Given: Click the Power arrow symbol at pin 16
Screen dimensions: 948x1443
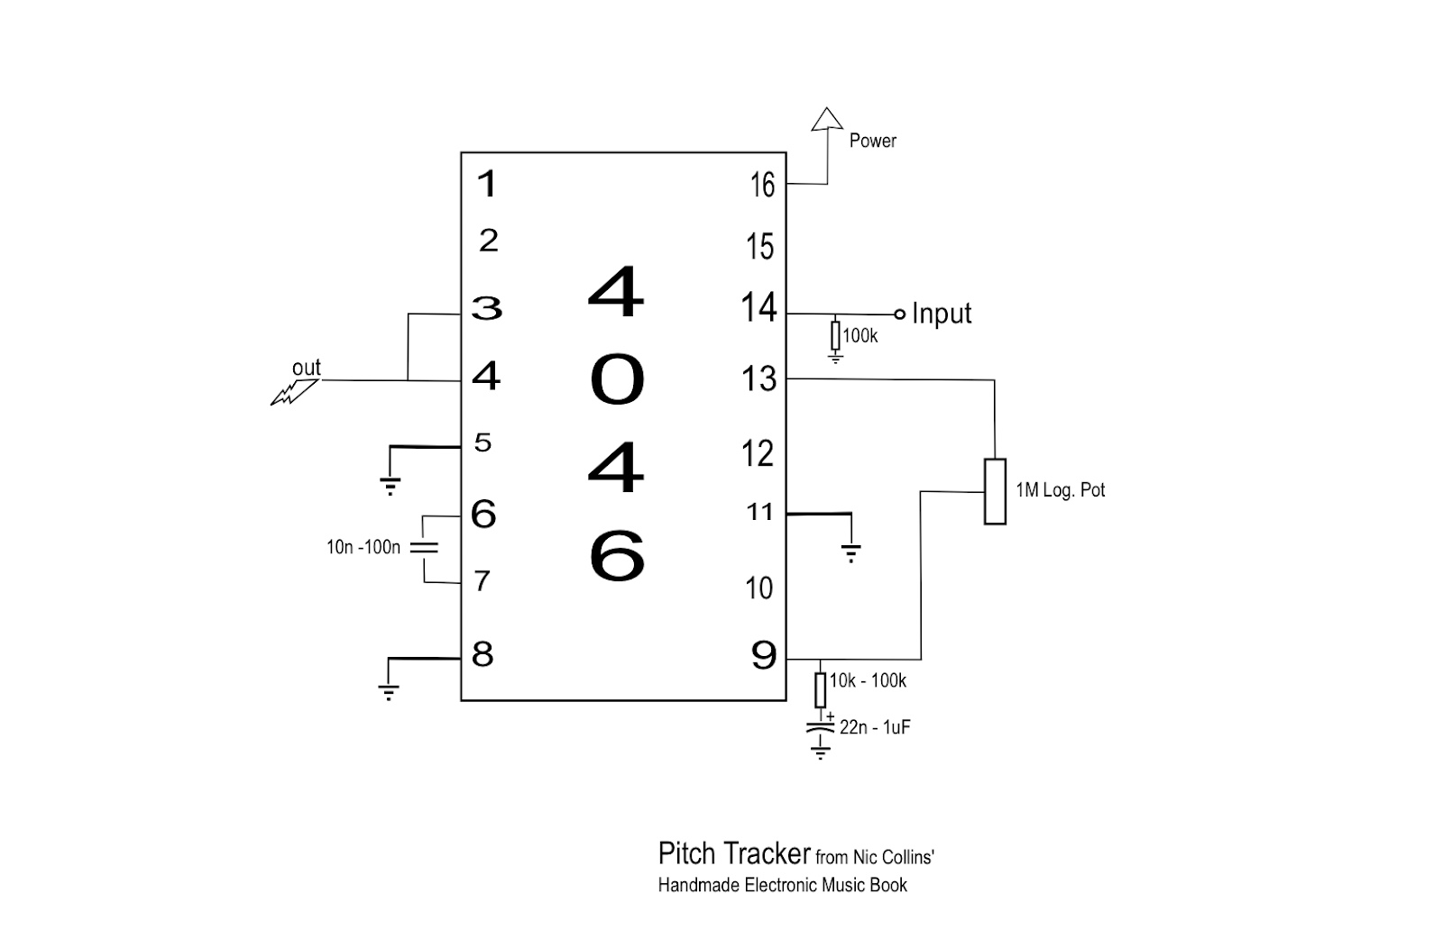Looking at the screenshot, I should [x=826, y=121].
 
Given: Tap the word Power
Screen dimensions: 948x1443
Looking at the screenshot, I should [x=872, y=141].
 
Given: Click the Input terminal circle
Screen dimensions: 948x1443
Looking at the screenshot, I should [x=899, y=314].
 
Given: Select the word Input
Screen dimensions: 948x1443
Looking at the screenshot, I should [x=942, y=314].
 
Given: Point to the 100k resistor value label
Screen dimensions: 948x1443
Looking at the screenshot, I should [x=859, y=336].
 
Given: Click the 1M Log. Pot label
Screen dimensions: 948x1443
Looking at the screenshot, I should [x=1060, y=490].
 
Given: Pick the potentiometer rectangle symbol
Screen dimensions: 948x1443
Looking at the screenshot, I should [x=995, y=491].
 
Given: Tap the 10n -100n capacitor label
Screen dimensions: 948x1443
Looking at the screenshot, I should [x=363, y=547].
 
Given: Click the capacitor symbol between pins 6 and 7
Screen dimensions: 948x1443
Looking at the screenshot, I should [x=424, y=547].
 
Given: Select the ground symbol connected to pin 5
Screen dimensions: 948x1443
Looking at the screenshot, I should [x=390, y=486].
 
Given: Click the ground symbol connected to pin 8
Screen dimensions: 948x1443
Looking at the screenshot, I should [x=388, y=692].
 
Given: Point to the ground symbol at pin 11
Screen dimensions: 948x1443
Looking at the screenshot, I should [x=850, y=552].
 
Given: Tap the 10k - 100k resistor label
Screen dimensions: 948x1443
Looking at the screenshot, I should [x=868, y=681].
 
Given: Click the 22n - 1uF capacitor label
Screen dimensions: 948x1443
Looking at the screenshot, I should [x=875, y=726].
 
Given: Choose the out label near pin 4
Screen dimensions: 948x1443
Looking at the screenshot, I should [x=307, y=368].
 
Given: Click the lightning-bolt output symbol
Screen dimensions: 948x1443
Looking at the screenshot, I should [x=294, y=391].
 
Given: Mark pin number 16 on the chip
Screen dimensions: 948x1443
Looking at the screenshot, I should [x=762, y=186].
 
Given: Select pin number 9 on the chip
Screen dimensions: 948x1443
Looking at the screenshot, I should [x=763, y=656].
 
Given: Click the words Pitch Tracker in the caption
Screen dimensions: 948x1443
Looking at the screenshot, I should [x=735, y=853].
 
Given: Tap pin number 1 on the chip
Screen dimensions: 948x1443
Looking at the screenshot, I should [x=487, y=185].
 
